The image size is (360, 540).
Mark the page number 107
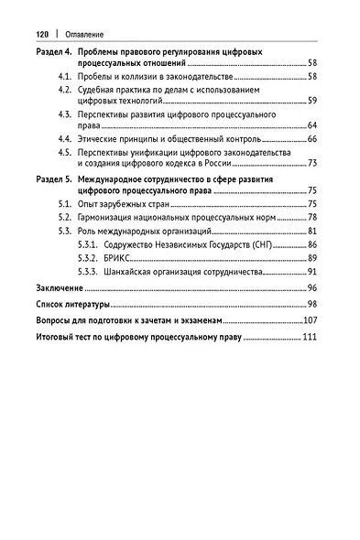(x=311, y=322)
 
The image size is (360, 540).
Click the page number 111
(x=311, y=338)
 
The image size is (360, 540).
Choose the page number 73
(x=313, y=163)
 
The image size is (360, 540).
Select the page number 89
(x=313, y=260)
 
